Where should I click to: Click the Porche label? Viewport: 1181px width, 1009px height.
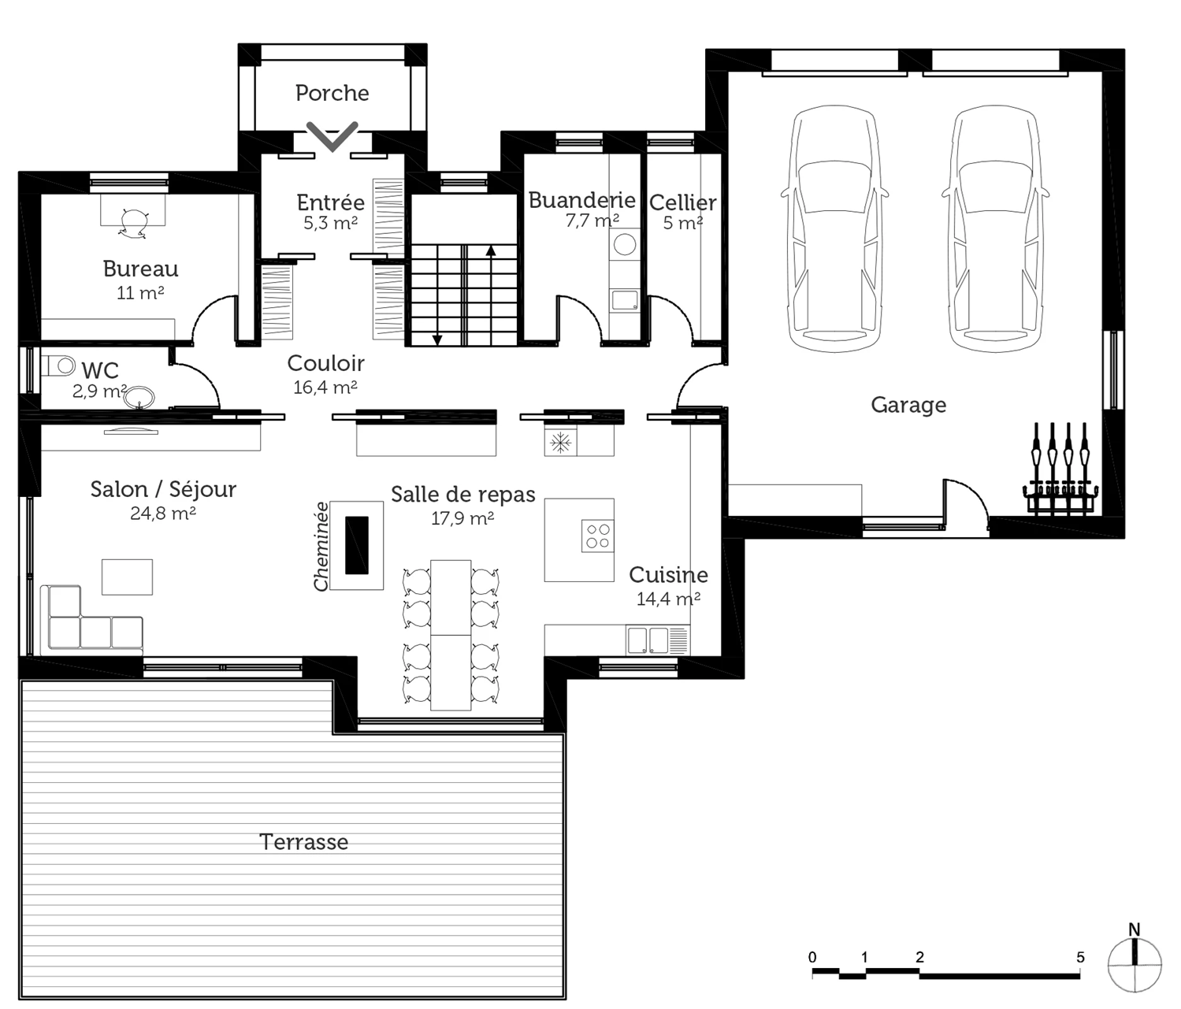pos(332,93)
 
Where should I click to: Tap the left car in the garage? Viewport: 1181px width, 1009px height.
pos(834,228)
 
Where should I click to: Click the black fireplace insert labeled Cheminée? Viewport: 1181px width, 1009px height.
pos(356,545)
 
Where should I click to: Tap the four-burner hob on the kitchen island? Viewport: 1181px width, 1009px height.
pos(597,536)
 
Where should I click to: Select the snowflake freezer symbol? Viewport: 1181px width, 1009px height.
pos(560,443)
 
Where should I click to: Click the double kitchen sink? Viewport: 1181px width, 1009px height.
pos(648,640)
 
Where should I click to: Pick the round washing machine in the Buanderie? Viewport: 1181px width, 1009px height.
pos(626,244)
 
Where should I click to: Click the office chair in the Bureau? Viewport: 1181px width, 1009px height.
pos(132,221)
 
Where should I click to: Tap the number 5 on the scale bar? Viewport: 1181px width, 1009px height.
pos(1080,958)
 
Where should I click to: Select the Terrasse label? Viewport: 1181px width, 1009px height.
pos(304,842)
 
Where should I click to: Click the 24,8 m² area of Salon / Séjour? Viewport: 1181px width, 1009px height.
pos(163,514)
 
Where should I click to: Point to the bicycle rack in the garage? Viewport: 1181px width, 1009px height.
pos(1060,471)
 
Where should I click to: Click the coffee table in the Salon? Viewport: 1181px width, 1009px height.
pos(127,577)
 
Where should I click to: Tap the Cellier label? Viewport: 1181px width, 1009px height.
pos(682,202)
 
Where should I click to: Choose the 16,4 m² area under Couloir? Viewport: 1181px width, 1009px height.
pos(325,388)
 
